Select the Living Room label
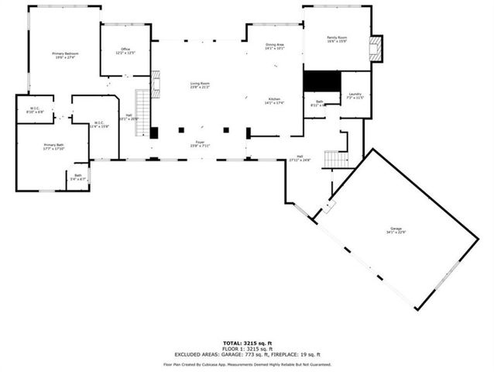[201, 85]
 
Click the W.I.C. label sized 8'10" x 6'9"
[35, 110]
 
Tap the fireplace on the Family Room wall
[376, 48]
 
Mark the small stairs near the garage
[335, 159]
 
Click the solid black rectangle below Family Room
[321, 81]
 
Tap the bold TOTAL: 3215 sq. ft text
[247, 341]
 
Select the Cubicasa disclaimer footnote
[247, 363]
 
